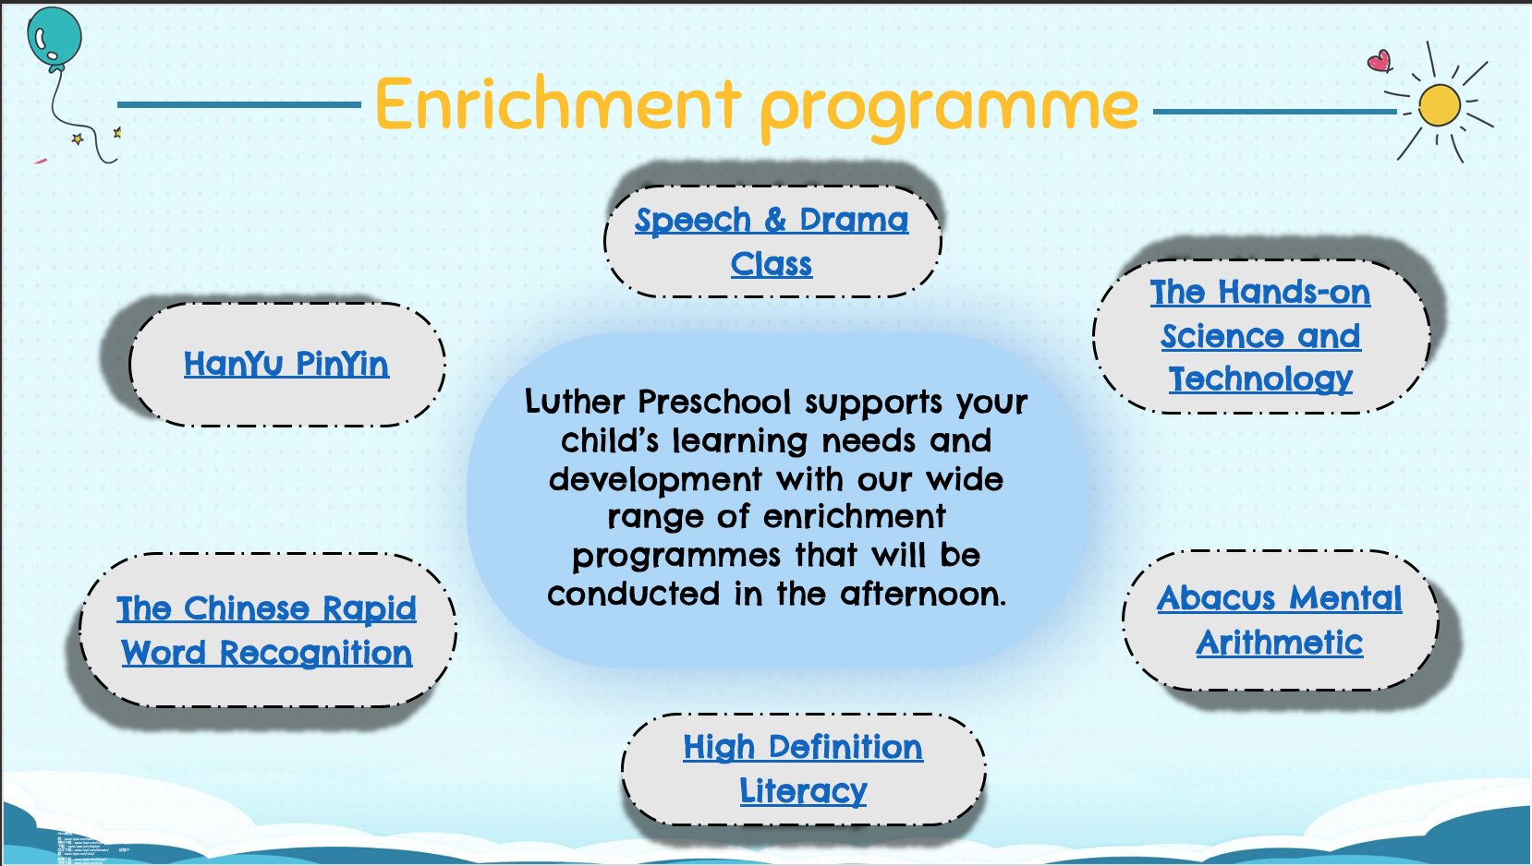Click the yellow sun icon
(x=1439, y=104)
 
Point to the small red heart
(x=1380, y=61)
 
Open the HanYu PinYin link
(x=286, y=364)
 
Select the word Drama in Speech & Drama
(x=854, y=220)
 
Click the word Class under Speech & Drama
(x=772, y=264)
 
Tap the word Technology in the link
(x=1260, y=379)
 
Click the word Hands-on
(x=1294, y=293)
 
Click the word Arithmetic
(x=1280, y=643)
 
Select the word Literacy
(x=803, y=791)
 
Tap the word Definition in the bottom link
(x=845, y=747)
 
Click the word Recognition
(x=315, y=654)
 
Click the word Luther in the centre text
(x=575, y=402)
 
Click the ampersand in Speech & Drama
(x=775, y=220)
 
